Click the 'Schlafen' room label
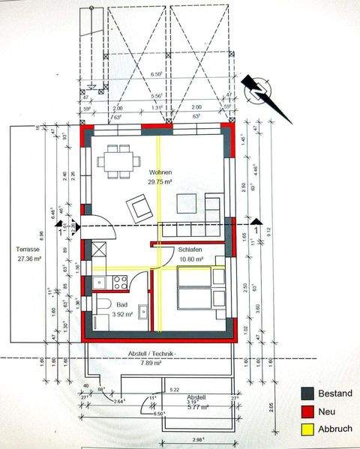(190, 250)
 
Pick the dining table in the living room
(118, 160)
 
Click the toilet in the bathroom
(104, 304)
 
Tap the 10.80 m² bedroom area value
(190, 259)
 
